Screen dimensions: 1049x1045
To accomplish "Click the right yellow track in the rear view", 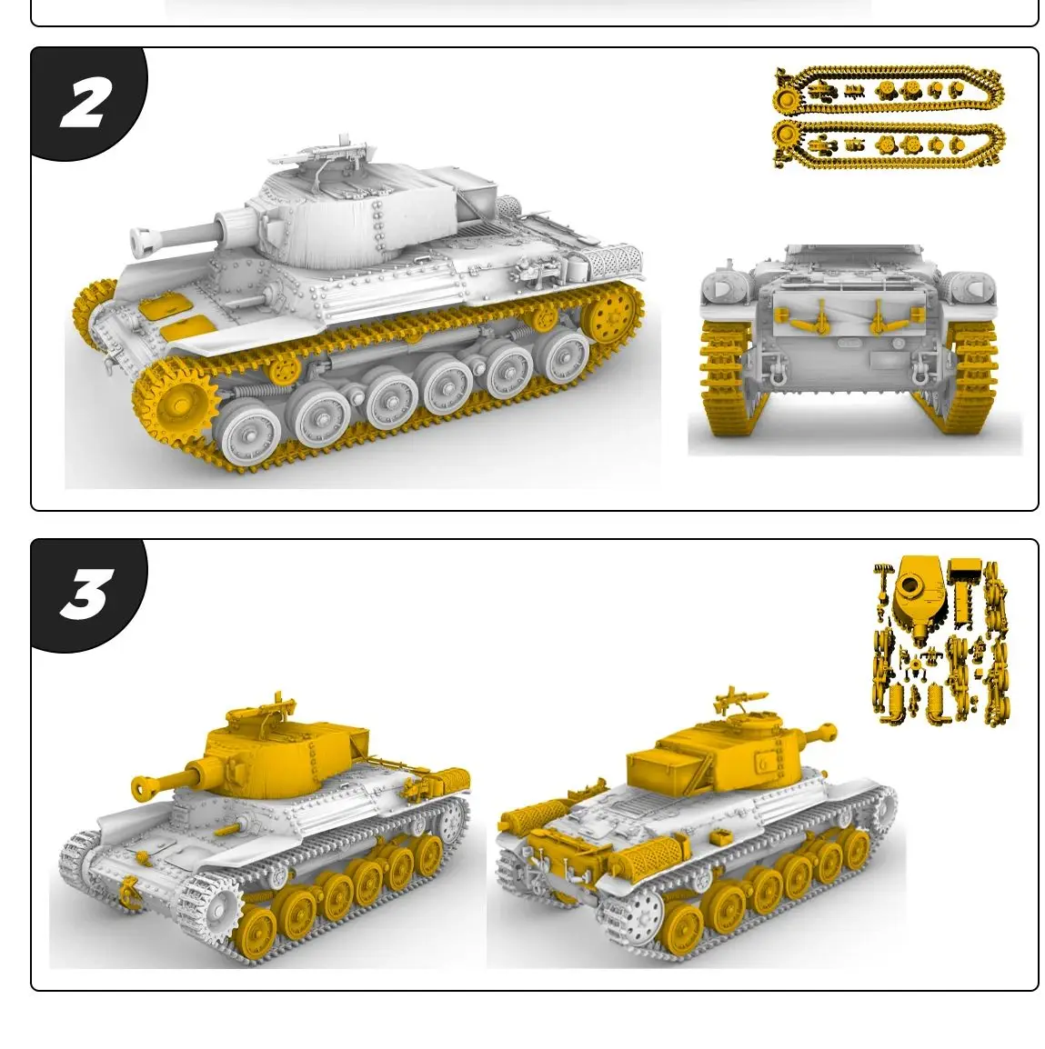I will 972,377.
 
